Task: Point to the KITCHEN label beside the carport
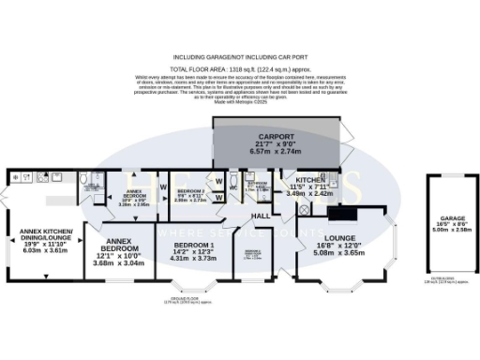click(x=311, y=178)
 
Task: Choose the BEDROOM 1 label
click(x=194, y=244)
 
